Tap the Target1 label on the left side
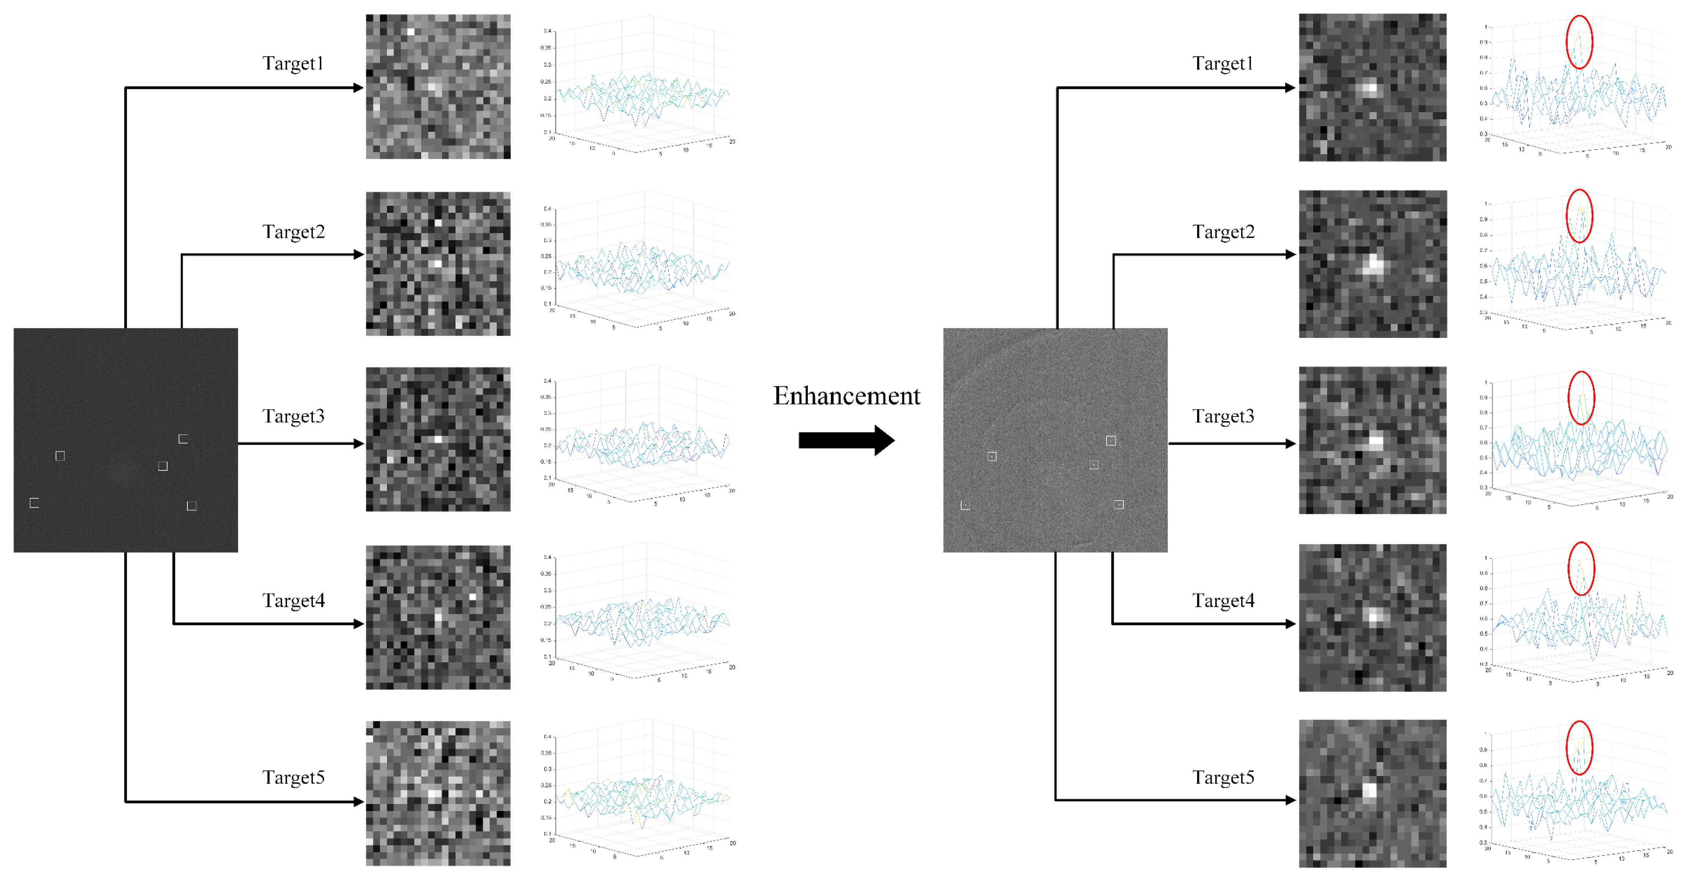293,64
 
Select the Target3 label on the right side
1223,416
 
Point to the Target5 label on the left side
293,778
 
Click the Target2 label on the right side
1223,232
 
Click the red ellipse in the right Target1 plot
1579,42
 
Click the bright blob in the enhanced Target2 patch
1372,264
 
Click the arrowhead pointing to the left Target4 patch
358,624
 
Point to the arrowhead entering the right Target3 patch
1290,444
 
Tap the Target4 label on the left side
293,601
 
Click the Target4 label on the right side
1223,601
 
